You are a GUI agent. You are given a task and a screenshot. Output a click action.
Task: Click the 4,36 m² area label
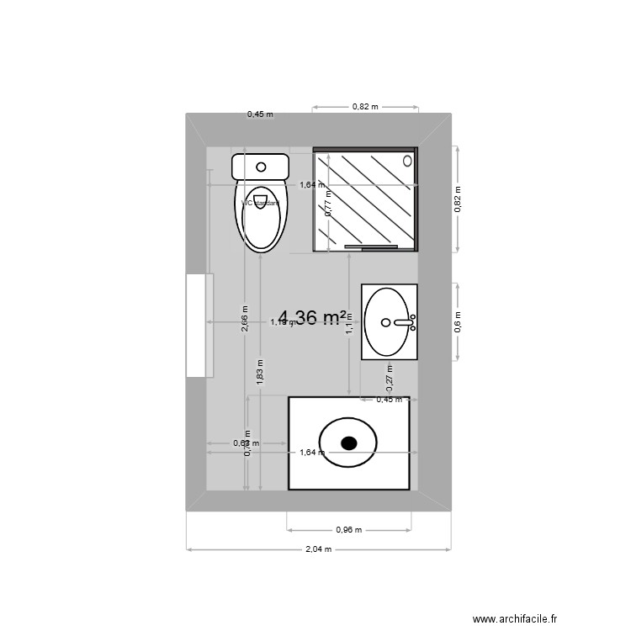click(x=313, y=317)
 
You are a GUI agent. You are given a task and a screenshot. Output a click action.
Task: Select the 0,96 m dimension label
click(x=348, y=530)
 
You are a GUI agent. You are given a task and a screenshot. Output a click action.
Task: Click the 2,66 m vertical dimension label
click(x=245, y=320)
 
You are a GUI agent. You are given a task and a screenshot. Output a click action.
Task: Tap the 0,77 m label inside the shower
click(x=328, y=204)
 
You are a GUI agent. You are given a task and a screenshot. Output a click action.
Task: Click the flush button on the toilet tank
click(x=262, y=167)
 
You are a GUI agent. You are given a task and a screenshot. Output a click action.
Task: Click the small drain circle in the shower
click(x=409, y=160)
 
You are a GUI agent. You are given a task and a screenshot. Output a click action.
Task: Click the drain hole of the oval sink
click(x=386, y=321)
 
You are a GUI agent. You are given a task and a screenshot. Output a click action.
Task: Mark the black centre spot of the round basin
click(x=348, y=443)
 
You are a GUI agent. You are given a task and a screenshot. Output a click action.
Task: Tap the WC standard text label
click(x=260, y=203)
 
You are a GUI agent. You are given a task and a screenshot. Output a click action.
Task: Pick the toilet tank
click(x=261, y=166)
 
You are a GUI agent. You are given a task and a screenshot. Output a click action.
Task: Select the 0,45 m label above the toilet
click(x=260, y=114)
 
